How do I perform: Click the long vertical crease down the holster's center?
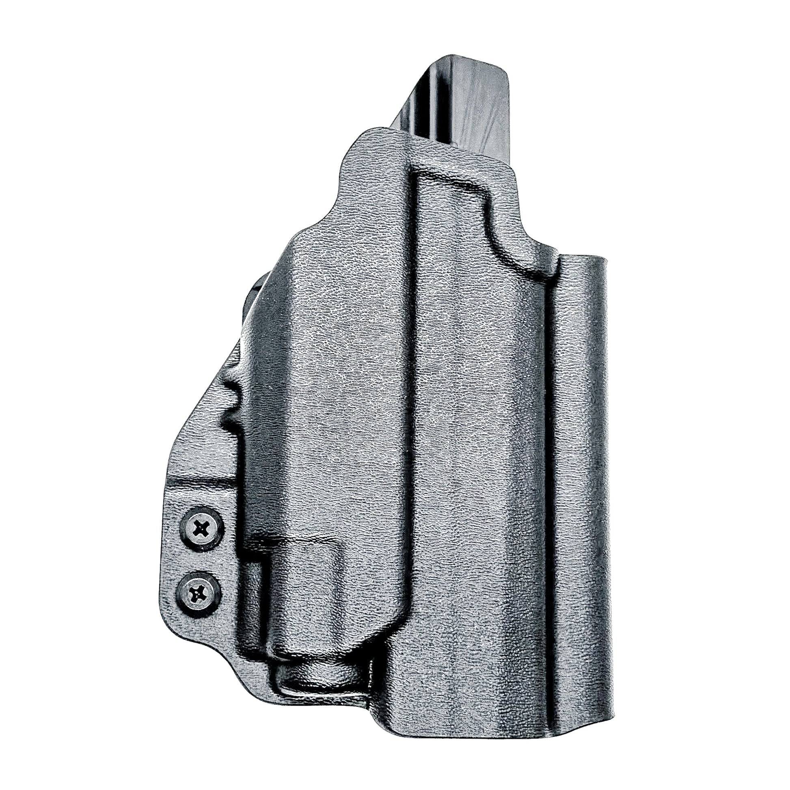tap(413, 409)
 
